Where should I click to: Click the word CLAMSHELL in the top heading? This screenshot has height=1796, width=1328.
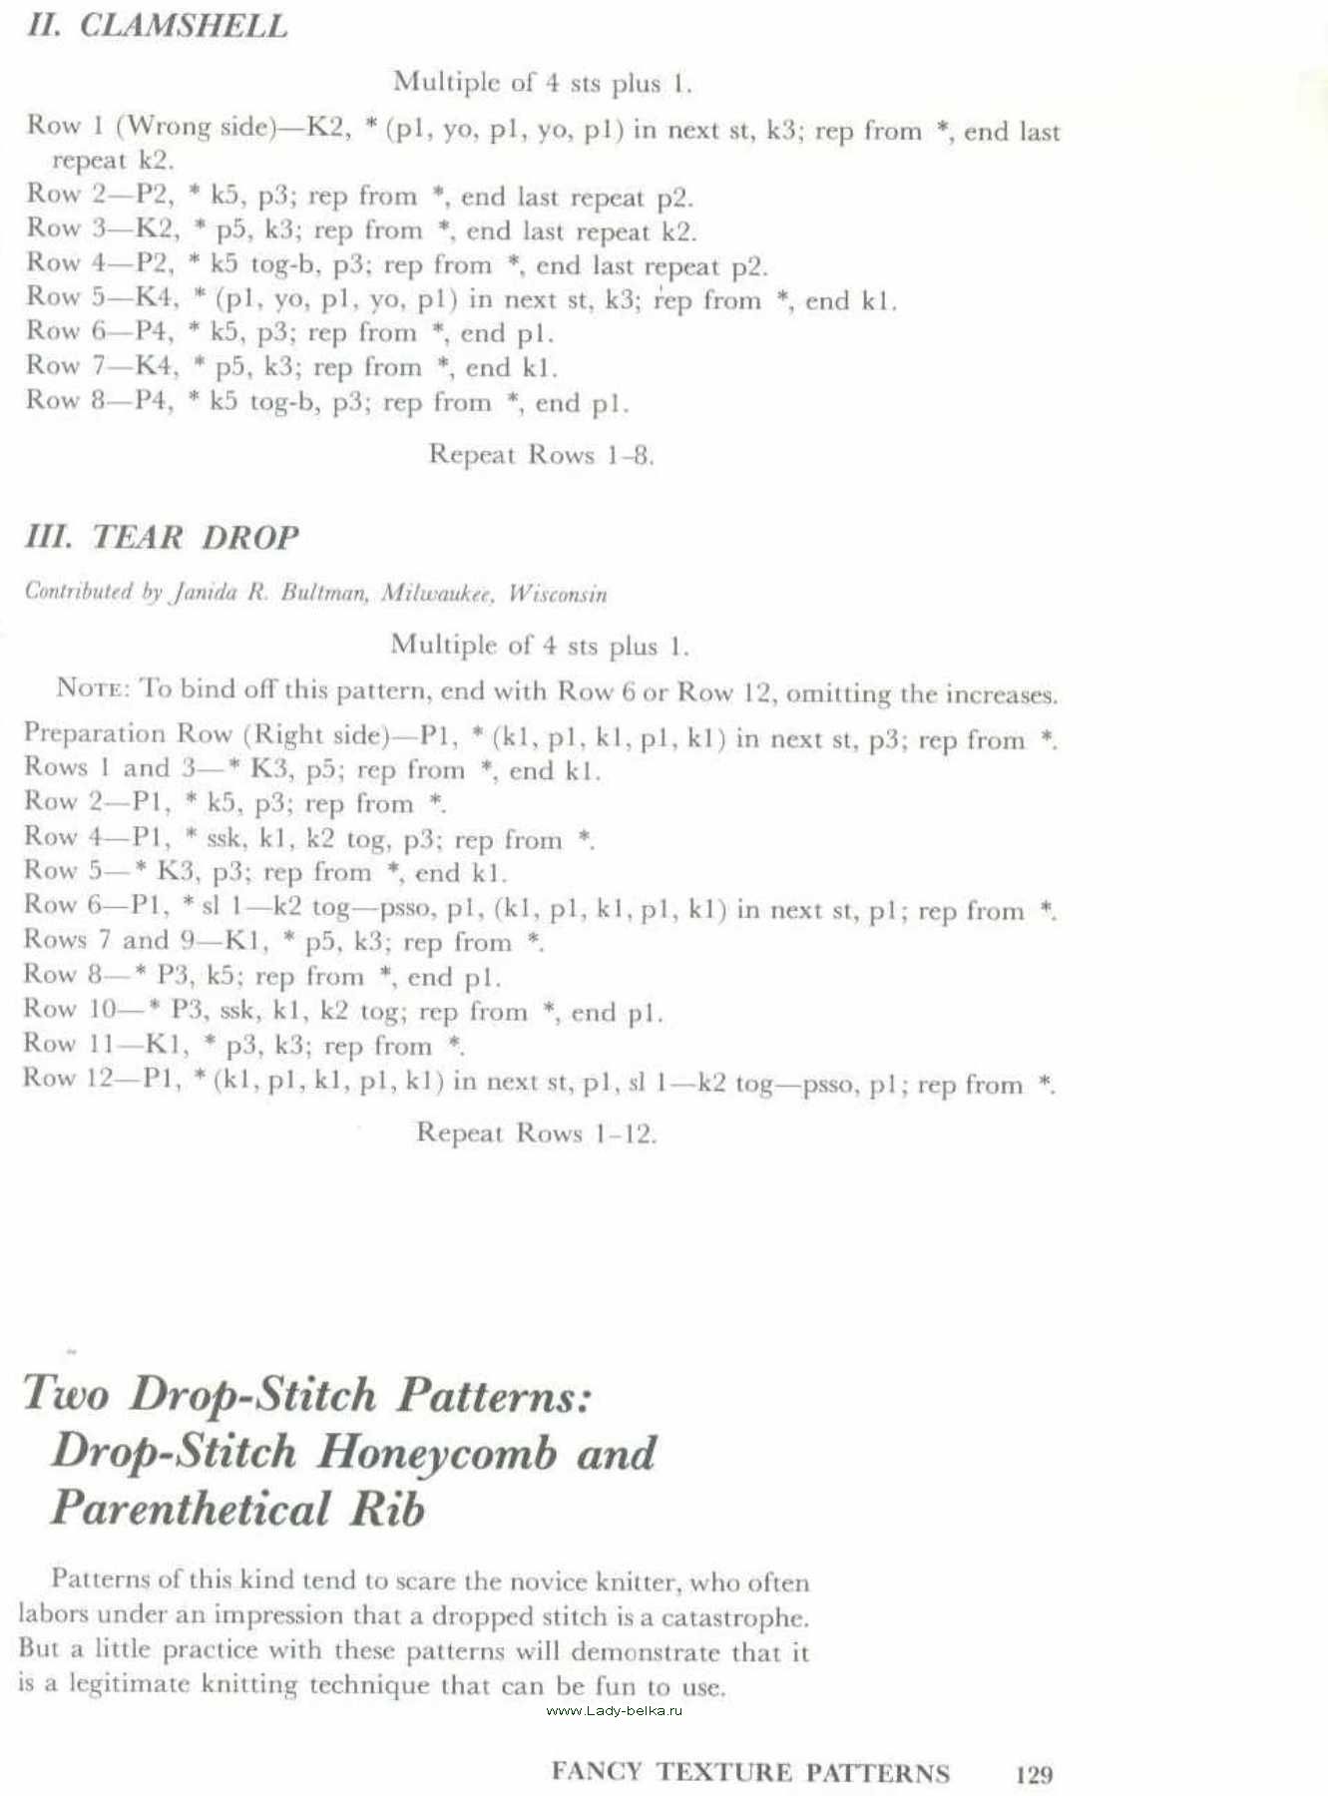(x=183, y=26)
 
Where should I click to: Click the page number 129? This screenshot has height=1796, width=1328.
(x=1034, y=1773)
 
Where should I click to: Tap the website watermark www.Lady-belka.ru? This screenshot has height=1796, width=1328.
(x=615, y=1710)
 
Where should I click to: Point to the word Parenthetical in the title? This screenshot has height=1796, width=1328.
(x=190, y=1508)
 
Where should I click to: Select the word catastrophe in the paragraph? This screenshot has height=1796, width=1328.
(x=733, y=1616)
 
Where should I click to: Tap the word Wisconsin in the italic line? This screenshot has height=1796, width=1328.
(x=557, y=594)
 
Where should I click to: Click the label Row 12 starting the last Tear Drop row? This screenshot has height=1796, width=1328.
(x=69, y=1079)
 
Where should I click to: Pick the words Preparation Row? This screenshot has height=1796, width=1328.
(x=127, y=733)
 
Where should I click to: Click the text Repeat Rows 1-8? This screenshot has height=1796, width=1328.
(x=541, y=455)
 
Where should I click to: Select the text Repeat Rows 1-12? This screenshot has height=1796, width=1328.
(x=536, y=1133)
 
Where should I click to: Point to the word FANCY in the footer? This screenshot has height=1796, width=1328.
(x=596, y=1772)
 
